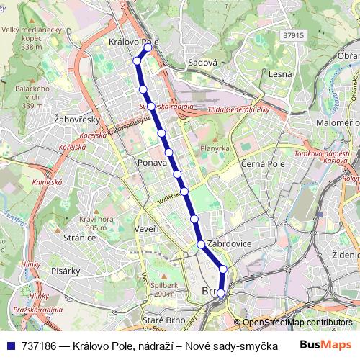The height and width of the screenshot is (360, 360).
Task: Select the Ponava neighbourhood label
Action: point(151,163)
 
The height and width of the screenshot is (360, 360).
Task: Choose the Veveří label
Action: point(146,228)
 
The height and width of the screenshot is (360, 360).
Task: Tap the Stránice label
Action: point(79,237)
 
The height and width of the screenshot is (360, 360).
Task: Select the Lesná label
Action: point(279,74)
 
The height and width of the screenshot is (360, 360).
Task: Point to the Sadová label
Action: point(202,63)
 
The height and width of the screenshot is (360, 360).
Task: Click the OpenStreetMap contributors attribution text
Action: point(298,323)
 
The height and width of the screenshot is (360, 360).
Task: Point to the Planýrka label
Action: point(215,148)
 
